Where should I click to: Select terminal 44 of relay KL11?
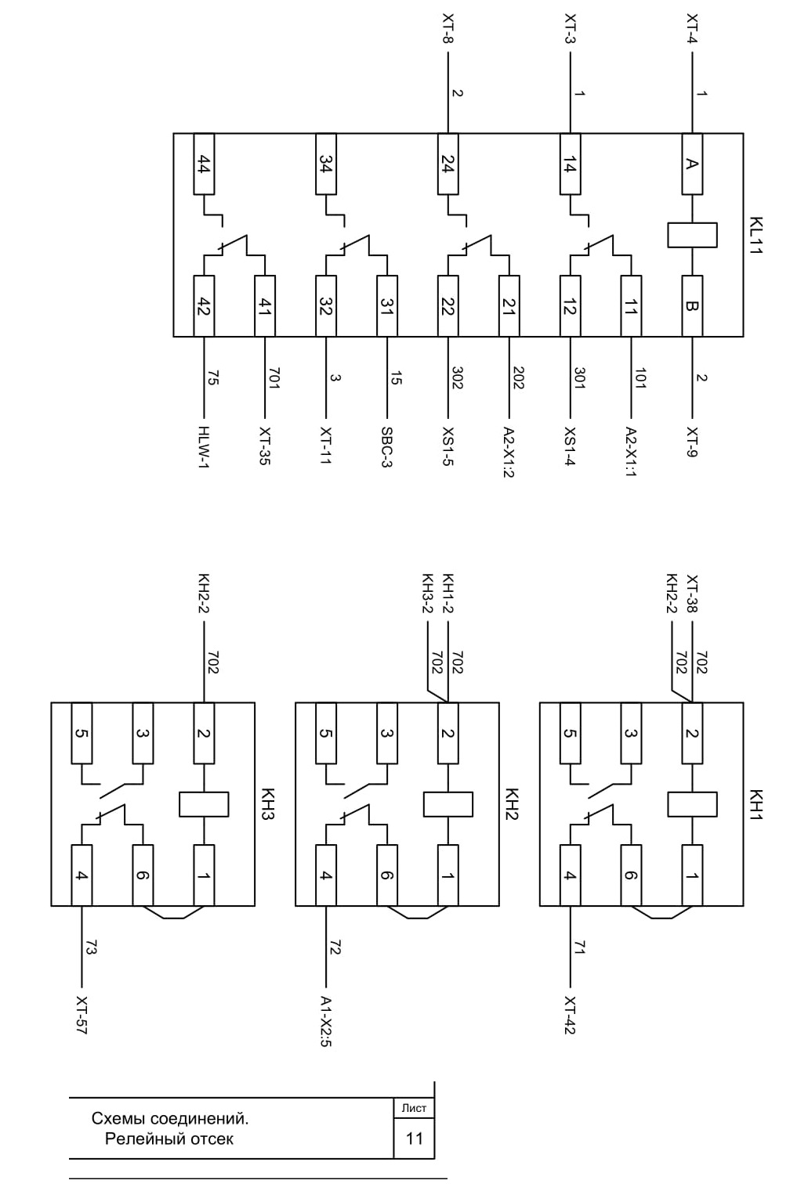(204, 164)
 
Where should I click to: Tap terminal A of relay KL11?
(692, 164)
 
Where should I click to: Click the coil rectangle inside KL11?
(692, 235)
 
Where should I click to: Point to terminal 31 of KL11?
(387, 305)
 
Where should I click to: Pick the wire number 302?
(457, 377)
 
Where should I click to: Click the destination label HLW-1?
(204, 447)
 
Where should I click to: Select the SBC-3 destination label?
(387, 447)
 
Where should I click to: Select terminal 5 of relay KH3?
(82, 733)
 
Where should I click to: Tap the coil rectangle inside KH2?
(448, 804)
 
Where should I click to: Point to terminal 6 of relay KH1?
(631, 875)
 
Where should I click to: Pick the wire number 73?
(91, 947)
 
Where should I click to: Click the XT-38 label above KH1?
(692, 594)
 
